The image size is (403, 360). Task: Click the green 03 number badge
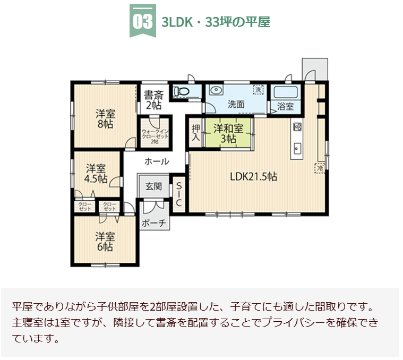pos(142,22)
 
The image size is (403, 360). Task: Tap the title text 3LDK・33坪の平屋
pos(216,22)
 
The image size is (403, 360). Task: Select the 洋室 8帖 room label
pos(105,118)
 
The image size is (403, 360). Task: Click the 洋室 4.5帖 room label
pos(96,173)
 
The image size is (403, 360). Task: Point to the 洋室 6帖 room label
pos(105,241)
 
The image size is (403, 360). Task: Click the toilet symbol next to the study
pos(182,91)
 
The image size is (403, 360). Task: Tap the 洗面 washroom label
pos(236,104)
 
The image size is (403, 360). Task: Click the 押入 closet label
pos(196,133)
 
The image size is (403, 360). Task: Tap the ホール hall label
pos(157,161)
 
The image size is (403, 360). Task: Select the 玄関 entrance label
pos(153,186)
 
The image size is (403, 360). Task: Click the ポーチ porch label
pos(155,224)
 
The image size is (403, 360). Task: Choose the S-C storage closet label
pos(179,194)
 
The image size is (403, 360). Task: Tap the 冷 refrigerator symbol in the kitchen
pos(320,168)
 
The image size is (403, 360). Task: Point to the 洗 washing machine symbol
pos(259,90)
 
